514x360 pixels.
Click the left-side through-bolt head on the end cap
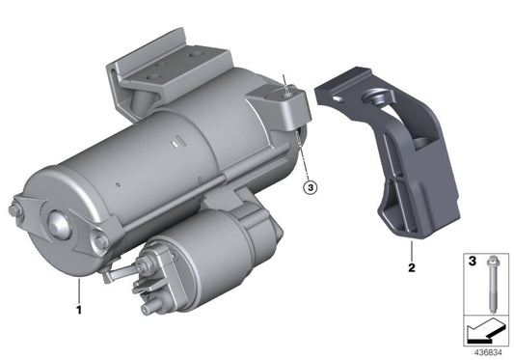tap(16, 209)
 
